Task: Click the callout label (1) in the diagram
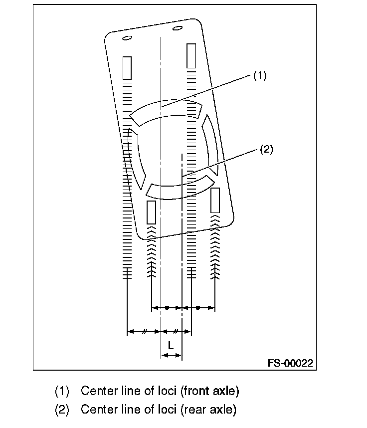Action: (260, 75)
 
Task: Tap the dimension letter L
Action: (171, 345)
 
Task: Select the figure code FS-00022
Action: (290, 364)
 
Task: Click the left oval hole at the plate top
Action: (127, 38)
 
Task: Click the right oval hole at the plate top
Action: (177, 28)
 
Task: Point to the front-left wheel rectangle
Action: (127, 68)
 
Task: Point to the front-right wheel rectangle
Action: (191, 56)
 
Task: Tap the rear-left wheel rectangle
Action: (151, 212)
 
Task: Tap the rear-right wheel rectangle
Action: (215, 201)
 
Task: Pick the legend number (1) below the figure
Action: (61, 390)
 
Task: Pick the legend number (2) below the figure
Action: (61, 410)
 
